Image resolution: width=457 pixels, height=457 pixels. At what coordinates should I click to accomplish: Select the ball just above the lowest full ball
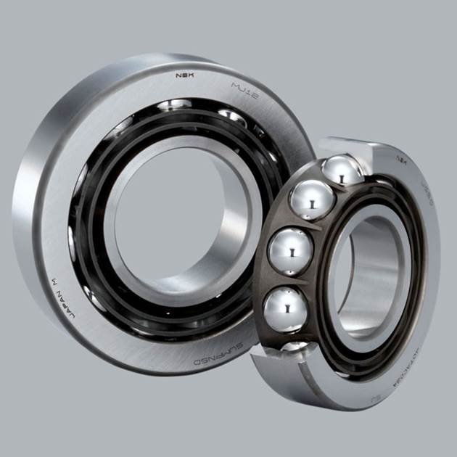click(x=290, y=251)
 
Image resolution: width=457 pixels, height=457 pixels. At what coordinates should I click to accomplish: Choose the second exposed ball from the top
click(x=311, y=199)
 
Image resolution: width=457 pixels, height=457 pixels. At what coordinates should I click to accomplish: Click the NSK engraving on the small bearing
click(x=400, y=157)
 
